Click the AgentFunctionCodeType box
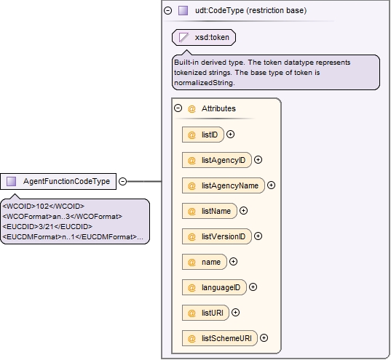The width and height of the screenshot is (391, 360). pos(58,181)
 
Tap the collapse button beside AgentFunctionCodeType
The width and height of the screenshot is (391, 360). pos(122,181)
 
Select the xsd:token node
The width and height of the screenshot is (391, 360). pos(204,37)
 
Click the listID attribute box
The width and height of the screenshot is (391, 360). pos(203,135)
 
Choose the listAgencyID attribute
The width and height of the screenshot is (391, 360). pos(217,160)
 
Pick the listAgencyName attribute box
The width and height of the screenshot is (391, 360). pos(224,185)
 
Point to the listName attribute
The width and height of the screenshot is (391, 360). pos(210,211)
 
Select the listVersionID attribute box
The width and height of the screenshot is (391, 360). pos(217,236)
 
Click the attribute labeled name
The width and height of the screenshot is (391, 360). pos(205,262)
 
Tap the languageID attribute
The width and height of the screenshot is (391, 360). pos(214,287)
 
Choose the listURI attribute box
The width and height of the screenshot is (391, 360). pos(205,313)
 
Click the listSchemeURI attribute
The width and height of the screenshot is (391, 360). pos(220,338)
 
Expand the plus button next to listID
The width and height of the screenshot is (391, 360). pos(230,135)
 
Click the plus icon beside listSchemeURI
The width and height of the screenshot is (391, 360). pos(264,338)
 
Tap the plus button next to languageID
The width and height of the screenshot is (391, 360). pos(253,287)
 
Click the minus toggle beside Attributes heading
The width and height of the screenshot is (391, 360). pos(178,108)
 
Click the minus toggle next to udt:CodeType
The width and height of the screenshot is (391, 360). pos(167,10)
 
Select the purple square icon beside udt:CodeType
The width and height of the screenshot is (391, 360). pos(183,10)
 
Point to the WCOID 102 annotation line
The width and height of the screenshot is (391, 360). pos(44,207)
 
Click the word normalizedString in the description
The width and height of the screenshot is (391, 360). pos(204,83)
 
